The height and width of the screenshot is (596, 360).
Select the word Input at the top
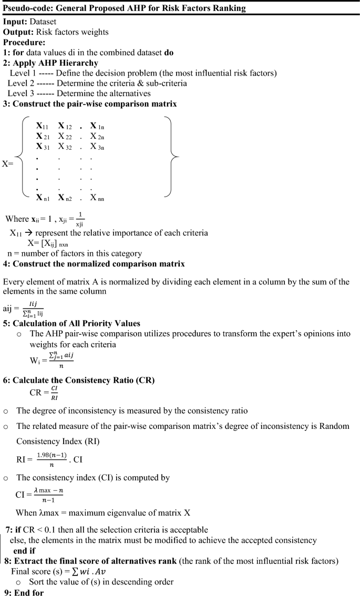point(15,23)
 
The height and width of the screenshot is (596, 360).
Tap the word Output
point(18,32)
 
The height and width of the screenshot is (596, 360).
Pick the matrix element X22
point(64,137)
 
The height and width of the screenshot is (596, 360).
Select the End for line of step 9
point(29,590)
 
